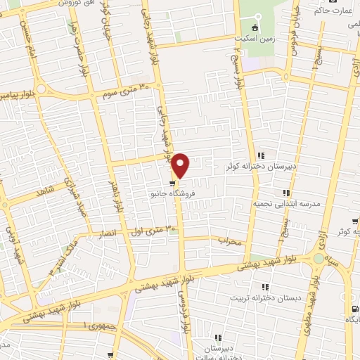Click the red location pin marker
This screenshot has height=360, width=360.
tap(181, 166)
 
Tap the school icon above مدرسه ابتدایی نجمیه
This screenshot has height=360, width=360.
tap(286, 192)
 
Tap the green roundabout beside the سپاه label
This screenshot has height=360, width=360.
tap(319, 259)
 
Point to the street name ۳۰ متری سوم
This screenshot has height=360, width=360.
tap(127, 91)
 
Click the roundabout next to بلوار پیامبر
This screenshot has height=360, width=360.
tap(41, 89)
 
